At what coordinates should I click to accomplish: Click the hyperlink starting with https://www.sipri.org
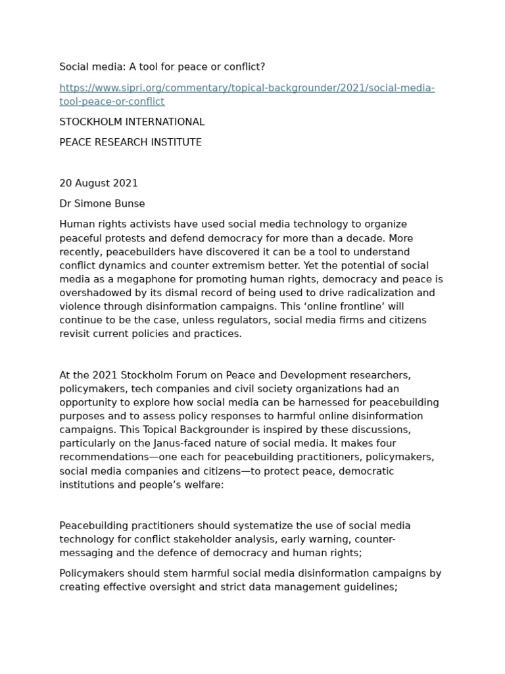pyautogui.click(x=247, y=88)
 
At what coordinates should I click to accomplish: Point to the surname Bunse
pyautogui.click(x=130, y=204)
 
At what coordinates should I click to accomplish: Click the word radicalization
pyautogui.click(x=375, y=293)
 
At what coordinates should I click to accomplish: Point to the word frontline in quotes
pyautogui.click(x=361, y=307)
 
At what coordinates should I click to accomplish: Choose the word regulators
pyautogui.click(x=241, y=321)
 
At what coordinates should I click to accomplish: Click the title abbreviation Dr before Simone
pyautogui.click(x=66, y=204)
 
